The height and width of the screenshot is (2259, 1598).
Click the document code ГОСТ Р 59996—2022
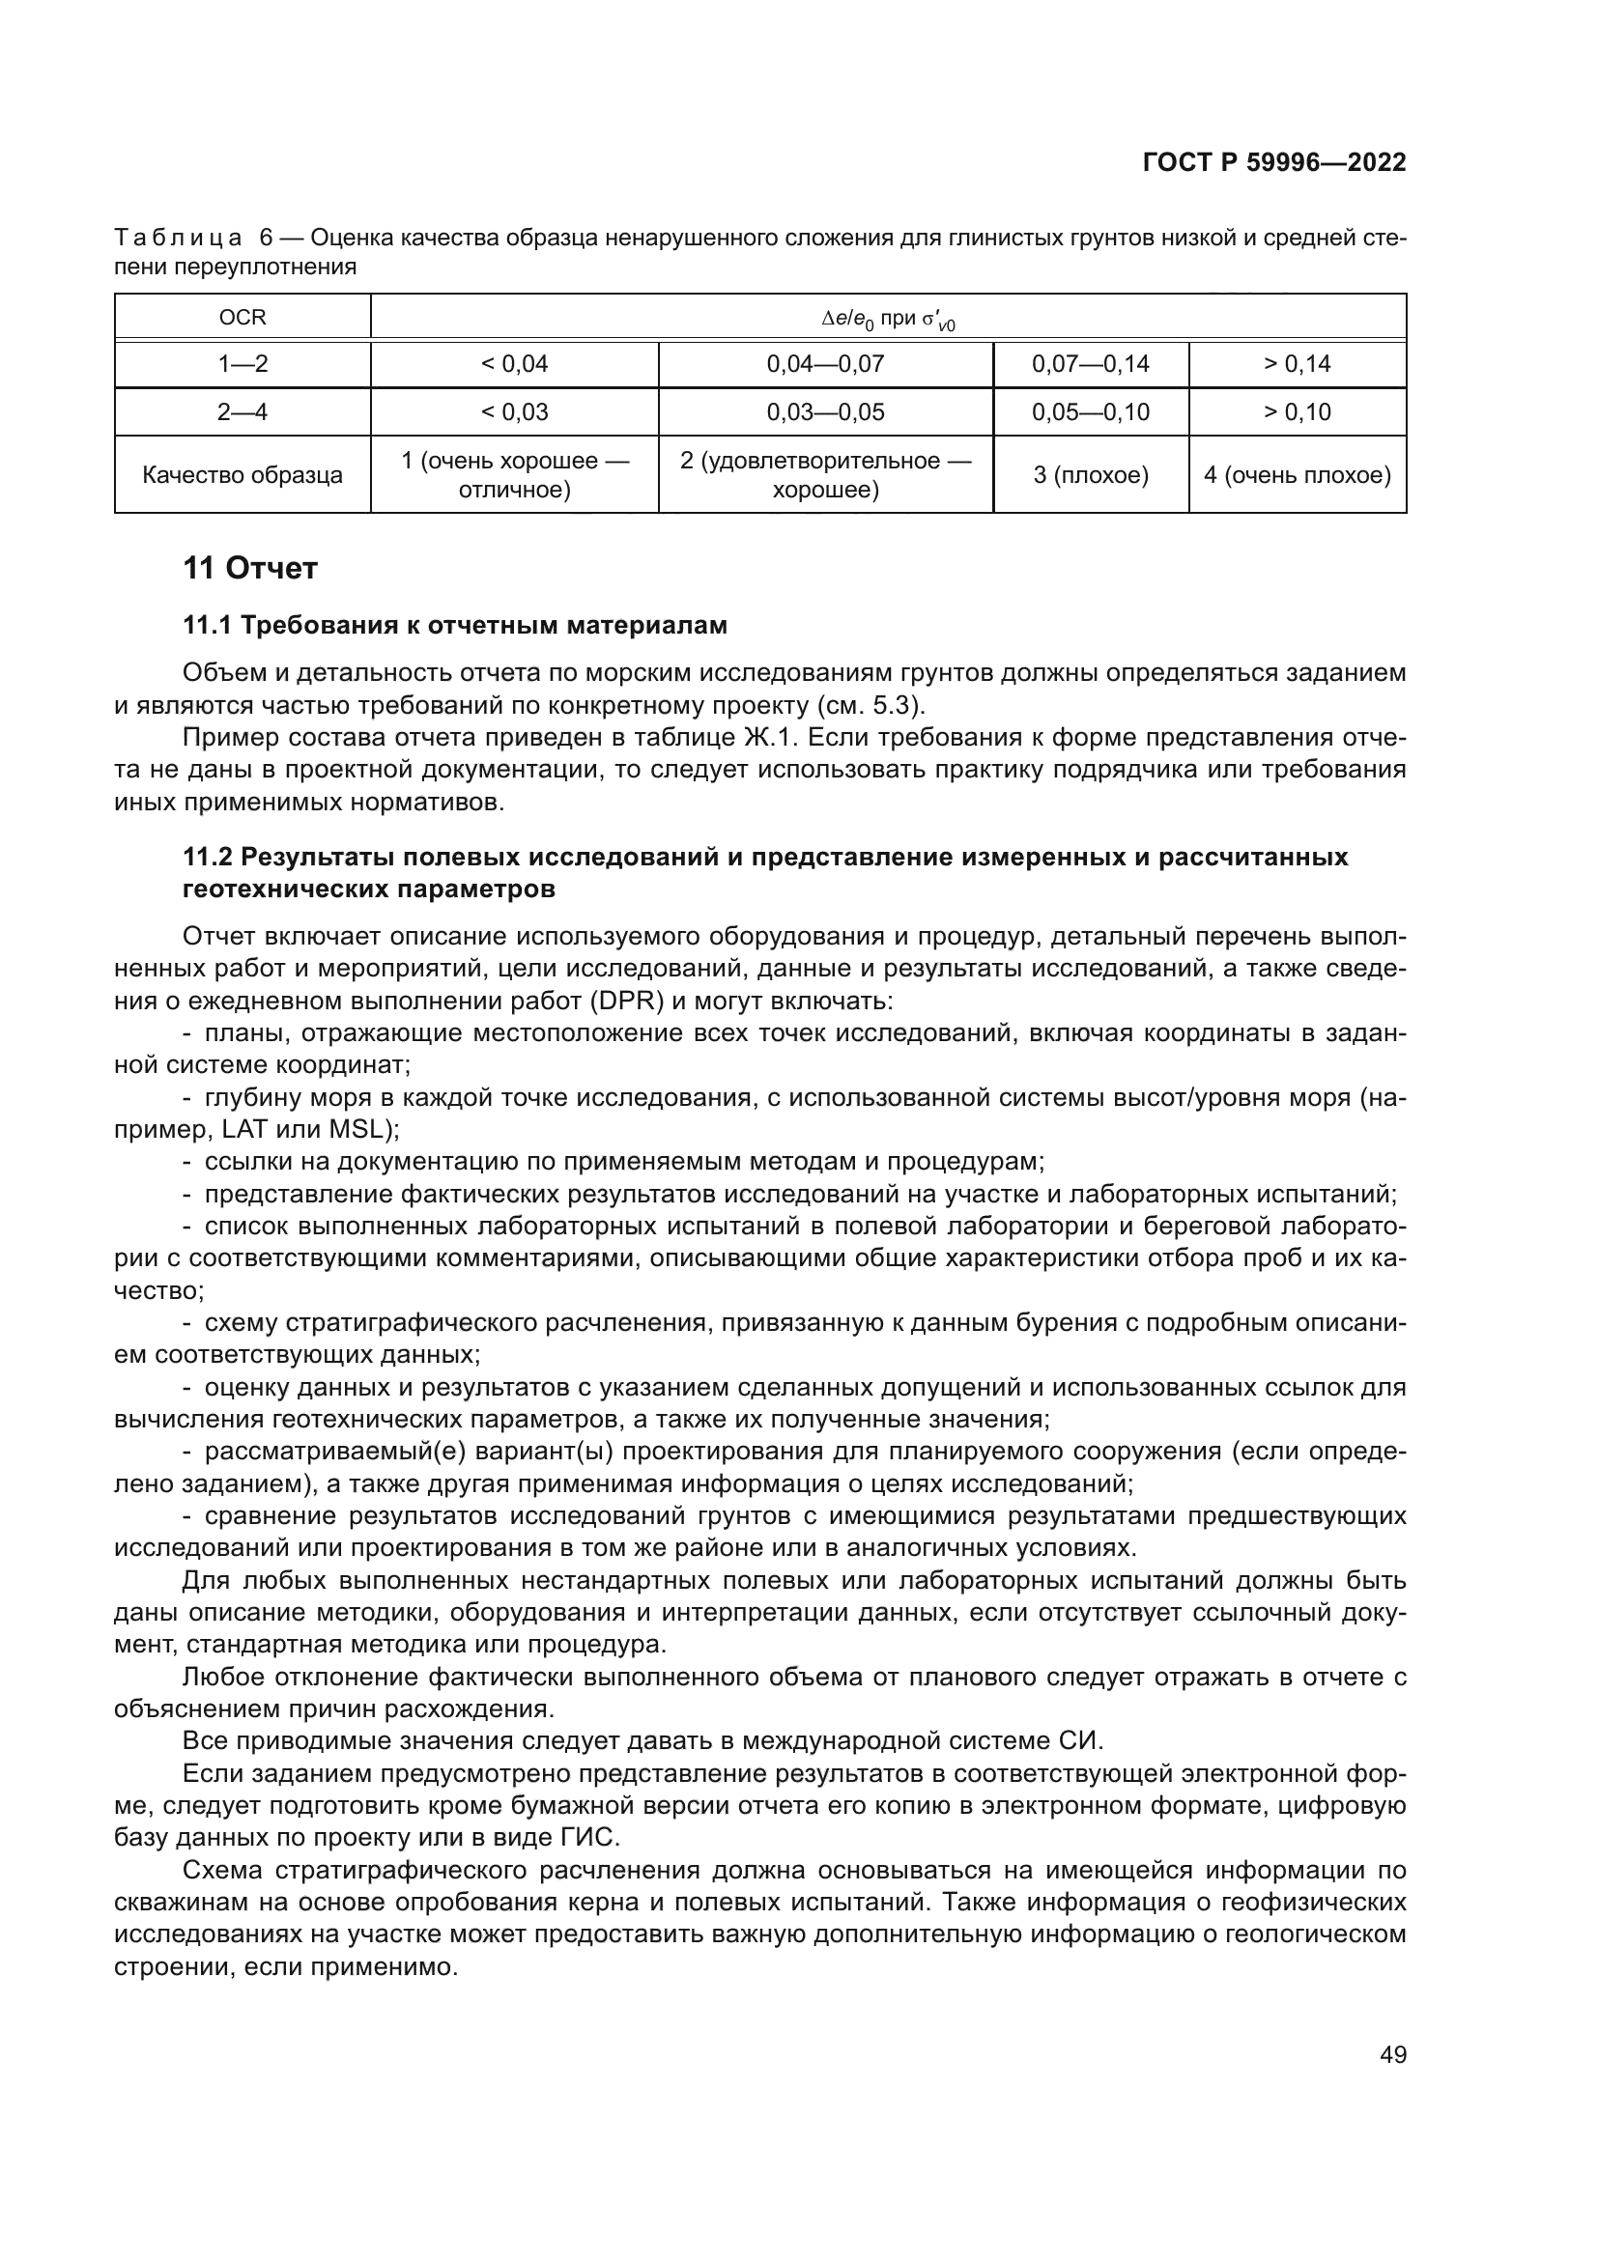(1274, 163)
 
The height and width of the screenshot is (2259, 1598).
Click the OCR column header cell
(243, 318)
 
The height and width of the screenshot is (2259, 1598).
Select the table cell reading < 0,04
(514, 364)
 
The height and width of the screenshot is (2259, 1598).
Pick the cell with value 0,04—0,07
(824, 364)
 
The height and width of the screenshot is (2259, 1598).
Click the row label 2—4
(243, 412)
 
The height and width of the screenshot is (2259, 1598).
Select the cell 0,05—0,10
(1090, 412)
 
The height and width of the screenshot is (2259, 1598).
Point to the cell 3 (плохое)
(1090, 475)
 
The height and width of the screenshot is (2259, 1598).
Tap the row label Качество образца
(243, 475)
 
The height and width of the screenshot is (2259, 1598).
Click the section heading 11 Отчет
(250, 569)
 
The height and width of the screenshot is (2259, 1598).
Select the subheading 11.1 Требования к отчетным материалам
(455, 626)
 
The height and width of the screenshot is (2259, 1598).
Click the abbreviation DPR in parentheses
(628, 1002)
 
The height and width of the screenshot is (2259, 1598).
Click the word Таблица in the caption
(178, 239)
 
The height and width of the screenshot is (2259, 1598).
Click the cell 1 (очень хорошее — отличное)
(514, 475)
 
